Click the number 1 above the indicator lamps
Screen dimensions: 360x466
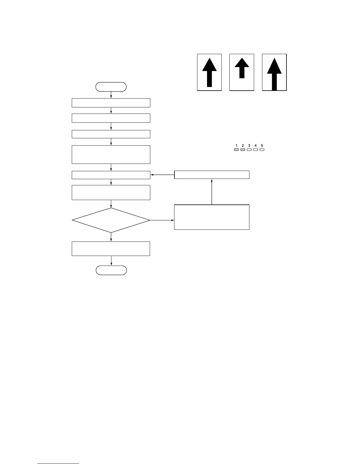(x=236, y=146)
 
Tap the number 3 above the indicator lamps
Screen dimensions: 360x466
(x=249, y=146)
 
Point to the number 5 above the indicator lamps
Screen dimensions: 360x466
(x=262, y=146)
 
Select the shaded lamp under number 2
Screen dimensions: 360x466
(x=243, y=150)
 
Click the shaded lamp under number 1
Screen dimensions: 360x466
(x=236, y=150)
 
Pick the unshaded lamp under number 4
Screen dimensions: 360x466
(x=256, y=150)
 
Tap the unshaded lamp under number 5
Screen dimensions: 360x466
(x=262, y=150)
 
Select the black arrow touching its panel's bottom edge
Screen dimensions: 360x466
(x=274, y=74)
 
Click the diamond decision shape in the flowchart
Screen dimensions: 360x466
(x=111, y=220)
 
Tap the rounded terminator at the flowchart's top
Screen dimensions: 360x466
(x=111, y=87)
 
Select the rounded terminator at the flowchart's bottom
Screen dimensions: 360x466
(x=111, y=270)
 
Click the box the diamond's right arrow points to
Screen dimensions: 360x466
(x=211, y=217)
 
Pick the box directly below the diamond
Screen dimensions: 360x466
(x=111, y=249)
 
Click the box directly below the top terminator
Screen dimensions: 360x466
(x=111, y=103)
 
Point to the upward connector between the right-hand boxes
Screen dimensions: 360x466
(x=212, y=192)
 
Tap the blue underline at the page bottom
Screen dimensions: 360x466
(x=58, y=464)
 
